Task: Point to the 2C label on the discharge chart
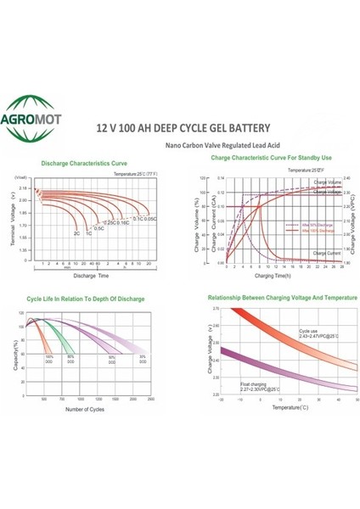coord(77,232)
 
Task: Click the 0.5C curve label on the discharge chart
coord(98,228)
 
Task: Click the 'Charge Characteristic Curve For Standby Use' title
coord(269,159)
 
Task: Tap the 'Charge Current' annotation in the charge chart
coord(327,253)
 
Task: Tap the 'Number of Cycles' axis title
coord(90,411)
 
